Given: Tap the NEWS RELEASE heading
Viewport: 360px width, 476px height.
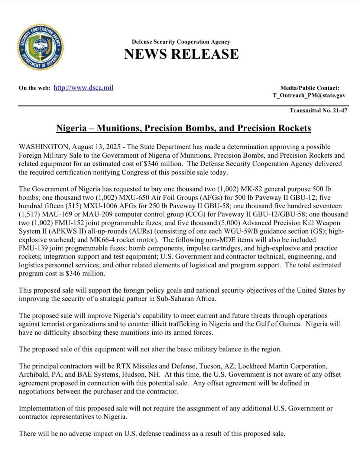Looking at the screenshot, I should [x=181, y=54].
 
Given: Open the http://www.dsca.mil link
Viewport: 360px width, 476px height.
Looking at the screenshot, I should [x=83, y=88].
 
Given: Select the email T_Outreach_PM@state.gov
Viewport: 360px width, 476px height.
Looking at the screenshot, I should [x=309, y=95].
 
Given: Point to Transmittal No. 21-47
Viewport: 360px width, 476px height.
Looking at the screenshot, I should [x=318, y=110].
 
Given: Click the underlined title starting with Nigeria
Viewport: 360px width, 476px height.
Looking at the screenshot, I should [x=183, y=128].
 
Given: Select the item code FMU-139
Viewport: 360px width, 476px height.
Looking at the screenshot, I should [x=34, y=248].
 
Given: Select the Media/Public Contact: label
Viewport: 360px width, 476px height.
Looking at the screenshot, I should [x=309, y=88].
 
